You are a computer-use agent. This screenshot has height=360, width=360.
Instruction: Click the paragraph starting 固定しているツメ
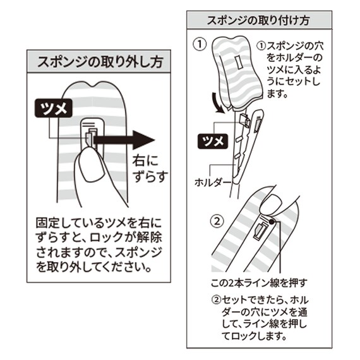tap(98, 245)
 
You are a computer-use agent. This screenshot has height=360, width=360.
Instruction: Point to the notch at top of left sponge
tap(97, 84)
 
